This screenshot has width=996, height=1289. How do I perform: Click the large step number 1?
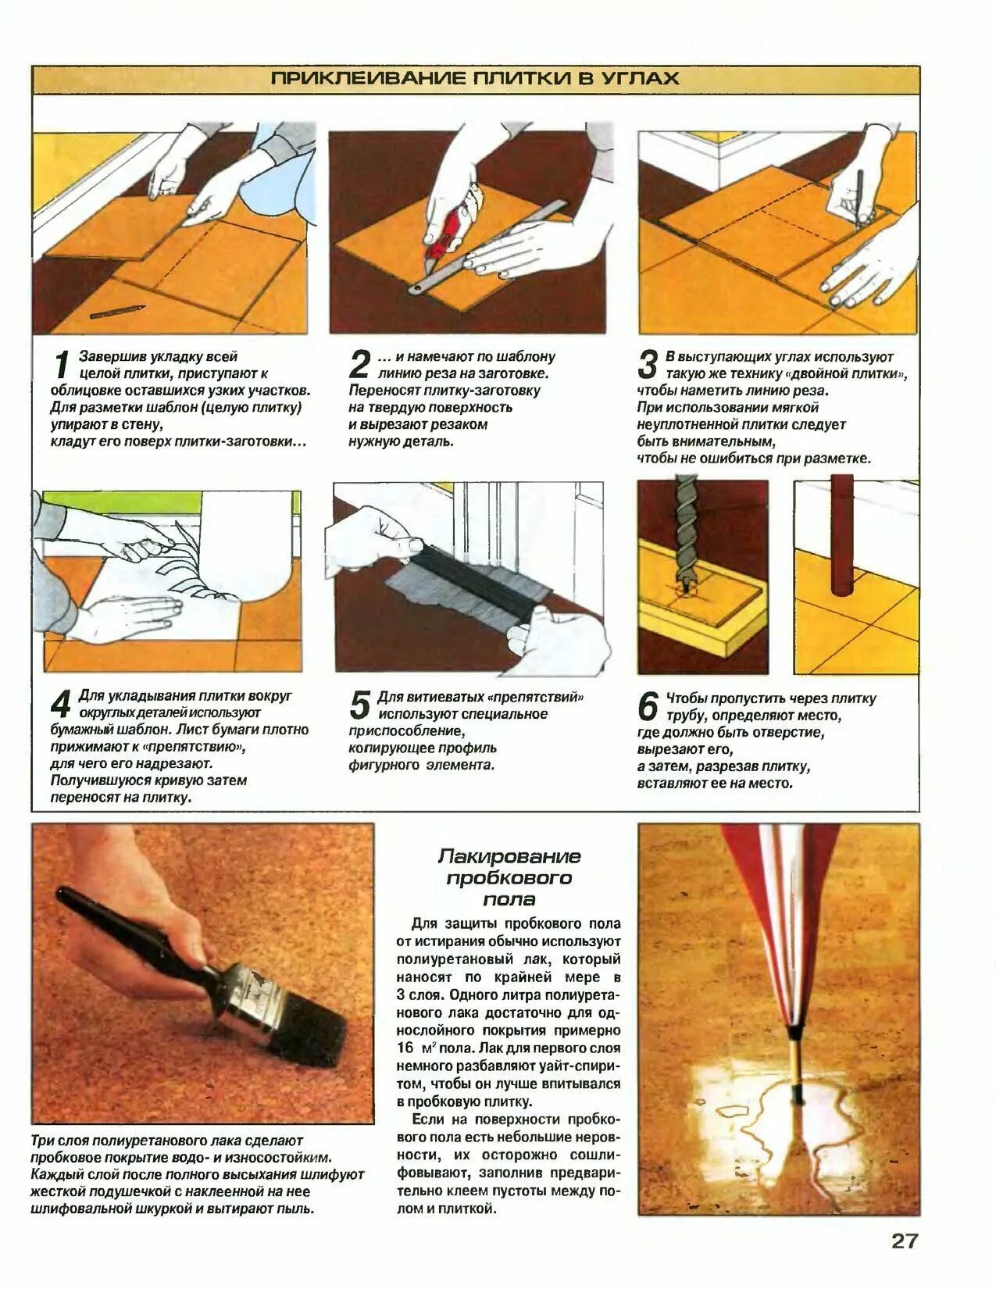(62, 366)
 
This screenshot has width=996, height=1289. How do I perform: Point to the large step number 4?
(61, 705)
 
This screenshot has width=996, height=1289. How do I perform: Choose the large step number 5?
(359, 705)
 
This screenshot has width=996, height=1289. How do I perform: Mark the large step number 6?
(648, 707)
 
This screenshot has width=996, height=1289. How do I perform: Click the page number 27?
(905, 1241)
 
